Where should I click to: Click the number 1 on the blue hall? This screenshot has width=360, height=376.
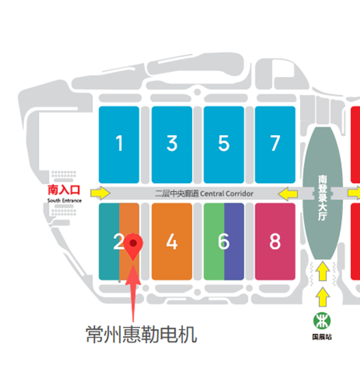pyautogui.click(x=120, y=143)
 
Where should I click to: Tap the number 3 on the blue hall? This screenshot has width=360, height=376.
pyautogui.click(x=172, y=143)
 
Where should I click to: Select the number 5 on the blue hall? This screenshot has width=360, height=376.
pyautogui.click(x=223, y=143)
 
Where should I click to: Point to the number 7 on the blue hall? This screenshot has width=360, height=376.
pyautogui.click(x=275, y=143)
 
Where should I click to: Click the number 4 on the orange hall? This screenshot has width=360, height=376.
pyautogui.click(x=172, y=242)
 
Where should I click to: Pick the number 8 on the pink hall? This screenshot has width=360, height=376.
pyautogui.click(x=275, y=242)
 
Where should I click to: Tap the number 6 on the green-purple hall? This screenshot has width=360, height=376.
pyautogui.click(x=223, y=242)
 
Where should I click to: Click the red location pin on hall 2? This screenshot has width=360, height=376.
pyautogui.click(x=133, y=246)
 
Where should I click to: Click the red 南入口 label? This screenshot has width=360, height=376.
pyautogui.click(x=64, y=190)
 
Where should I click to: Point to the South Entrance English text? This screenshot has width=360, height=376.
pyautogui.click(x=64, y=201)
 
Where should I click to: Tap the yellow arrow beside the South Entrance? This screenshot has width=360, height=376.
pyautogui.click(x=100, y=193)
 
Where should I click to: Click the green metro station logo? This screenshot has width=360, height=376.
pyautogui.click(x=322, y=321)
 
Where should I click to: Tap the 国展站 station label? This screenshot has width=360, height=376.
pyautogui.click(x=322, y=337)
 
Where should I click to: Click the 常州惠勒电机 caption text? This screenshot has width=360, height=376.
pyautogui.click(x=141, y=334)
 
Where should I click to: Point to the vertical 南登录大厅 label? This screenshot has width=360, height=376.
pyautogui.click(x=322, y=198)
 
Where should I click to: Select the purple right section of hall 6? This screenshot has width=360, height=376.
pyautogui.click(x=234, y=242)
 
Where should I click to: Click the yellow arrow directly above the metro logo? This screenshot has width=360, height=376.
pyautogui.click(x=323, y=297)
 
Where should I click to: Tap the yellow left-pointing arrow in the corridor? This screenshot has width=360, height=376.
pyautogui.click(x=288, y=194)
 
